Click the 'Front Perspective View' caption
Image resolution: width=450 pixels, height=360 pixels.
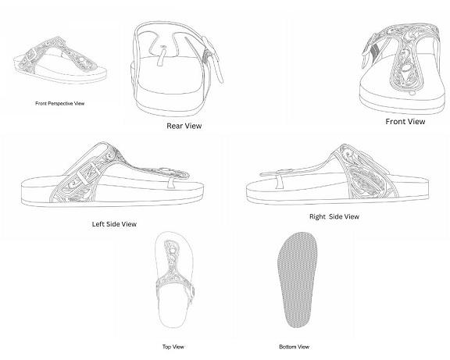[59, 103]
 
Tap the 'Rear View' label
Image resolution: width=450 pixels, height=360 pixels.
[184, 126]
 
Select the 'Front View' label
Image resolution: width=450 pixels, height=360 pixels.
[405, 121]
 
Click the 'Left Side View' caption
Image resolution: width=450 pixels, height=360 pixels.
[114, 224]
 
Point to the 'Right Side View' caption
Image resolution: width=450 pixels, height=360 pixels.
[334, 216]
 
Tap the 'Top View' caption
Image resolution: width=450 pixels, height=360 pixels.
[173, 347]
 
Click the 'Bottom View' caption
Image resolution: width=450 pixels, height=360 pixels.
[295, 347]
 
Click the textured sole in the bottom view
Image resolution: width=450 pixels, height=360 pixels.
[297, 280]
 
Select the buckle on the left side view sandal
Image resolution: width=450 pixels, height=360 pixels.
[89, 173]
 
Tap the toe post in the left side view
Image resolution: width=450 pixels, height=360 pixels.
[171, 183]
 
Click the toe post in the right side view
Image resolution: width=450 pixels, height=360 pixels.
[278, 183]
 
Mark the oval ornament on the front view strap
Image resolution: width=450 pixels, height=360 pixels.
[405, 68]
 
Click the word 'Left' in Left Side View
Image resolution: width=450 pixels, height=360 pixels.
[98, 224]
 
